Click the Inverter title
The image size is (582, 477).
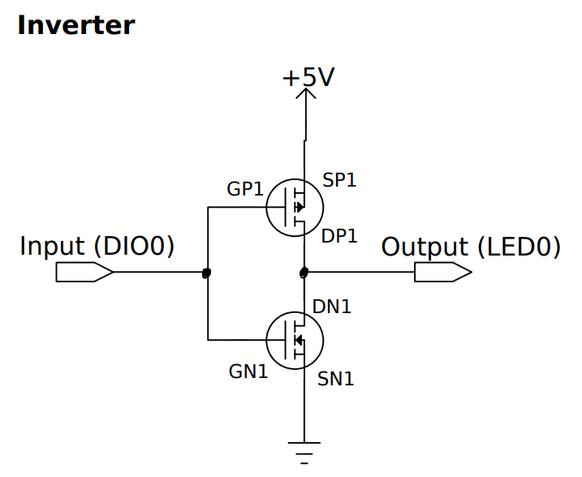tap(75, 25)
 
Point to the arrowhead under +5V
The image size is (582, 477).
tap(306, 95)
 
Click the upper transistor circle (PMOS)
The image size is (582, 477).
tap(294, 208)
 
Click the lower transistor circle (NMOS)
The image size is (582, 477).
tap(294, 339)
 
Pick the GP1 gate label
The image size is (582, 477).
tap(245, 189)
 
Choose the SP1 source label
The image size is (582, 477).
tap(339, 180)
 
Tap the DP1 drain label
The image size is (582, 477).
tap(339, 236)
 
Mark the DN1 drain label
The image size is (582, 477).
tap(332, 307)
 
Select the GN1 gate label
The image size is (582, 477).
tap(248, 372)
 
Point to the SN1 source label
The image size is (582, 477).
tap(335, 378)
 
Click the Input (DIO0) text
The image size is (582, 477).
tap(97, 247)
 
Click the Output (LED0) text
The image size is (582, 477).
tap(471, 247)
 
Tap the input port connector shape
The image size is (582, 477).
tap(84, 273)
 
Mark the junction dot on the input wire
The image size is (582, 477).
tap(206, 273)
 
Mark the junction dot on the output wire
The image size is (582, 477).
tap(304, 272)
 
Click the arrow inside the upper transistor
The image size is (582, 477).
tap(300, 208)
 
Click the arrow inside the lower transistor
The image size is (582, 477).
tap(298, 339)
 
